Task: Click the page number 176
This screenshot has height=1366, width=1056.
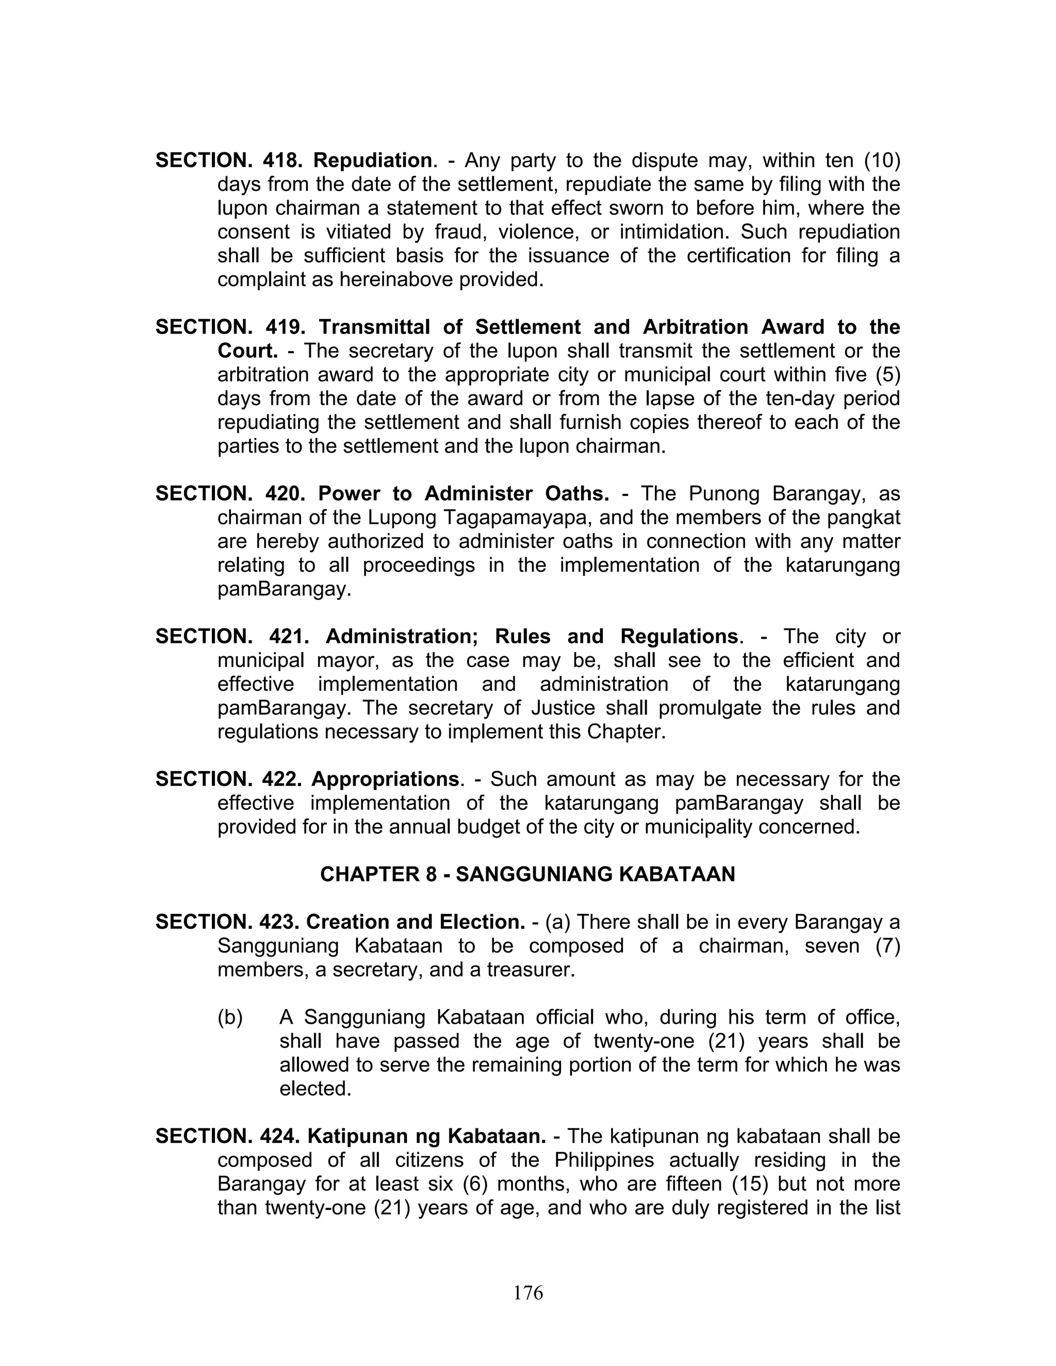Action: coord(528,1293)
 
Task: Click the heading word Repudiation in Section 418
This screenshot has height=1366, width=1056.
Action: coord(373,161)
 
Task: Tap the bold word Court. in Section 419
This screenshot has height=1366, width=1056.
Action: coord(247,351)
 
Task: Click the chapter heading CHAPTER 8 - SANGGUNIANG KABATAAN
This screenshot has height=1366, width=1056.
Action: coord(527,874)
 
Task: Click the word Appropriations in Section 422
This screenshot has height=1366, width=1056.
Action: coord(385,779)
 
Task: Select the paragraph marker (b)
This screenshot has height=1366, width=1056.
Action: coord(230,1018)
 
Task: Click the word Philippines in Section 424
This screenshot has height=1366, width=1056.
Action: coord(604,1160)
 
